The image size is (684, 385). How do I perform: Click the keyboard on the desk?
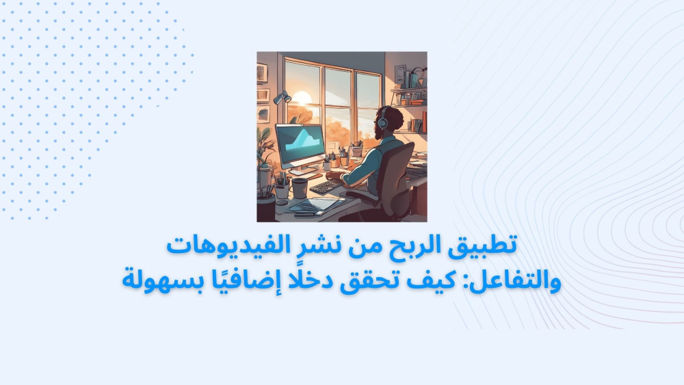(x=326, y=186)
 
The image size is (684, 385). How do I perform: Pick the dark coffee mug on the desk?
(x=300, y=188)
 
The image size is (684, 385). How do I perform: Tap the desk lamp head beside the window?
(x=282, y=98)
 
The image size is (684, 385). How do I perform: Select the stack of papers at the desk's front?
(x=315, y=204)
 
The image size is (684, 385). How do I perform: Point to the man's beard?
(x=378, y=131)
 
